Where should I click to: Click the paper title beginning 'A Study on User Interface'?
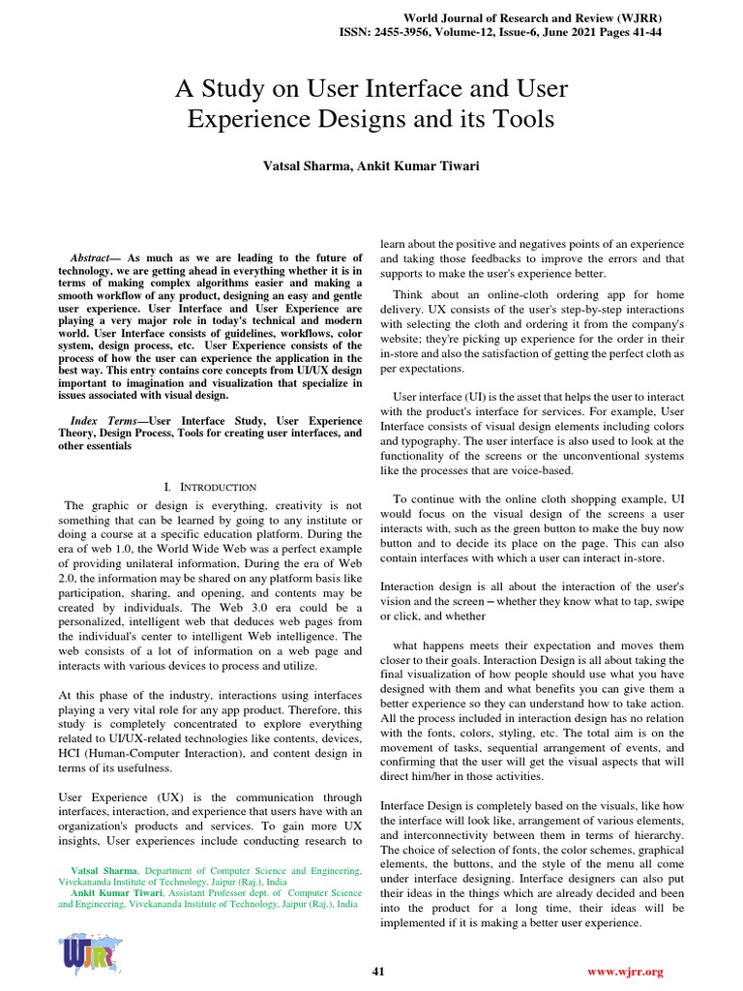(x=371, y=105)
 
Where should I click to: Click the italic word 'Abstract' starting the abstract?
(x=93, y=257)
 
